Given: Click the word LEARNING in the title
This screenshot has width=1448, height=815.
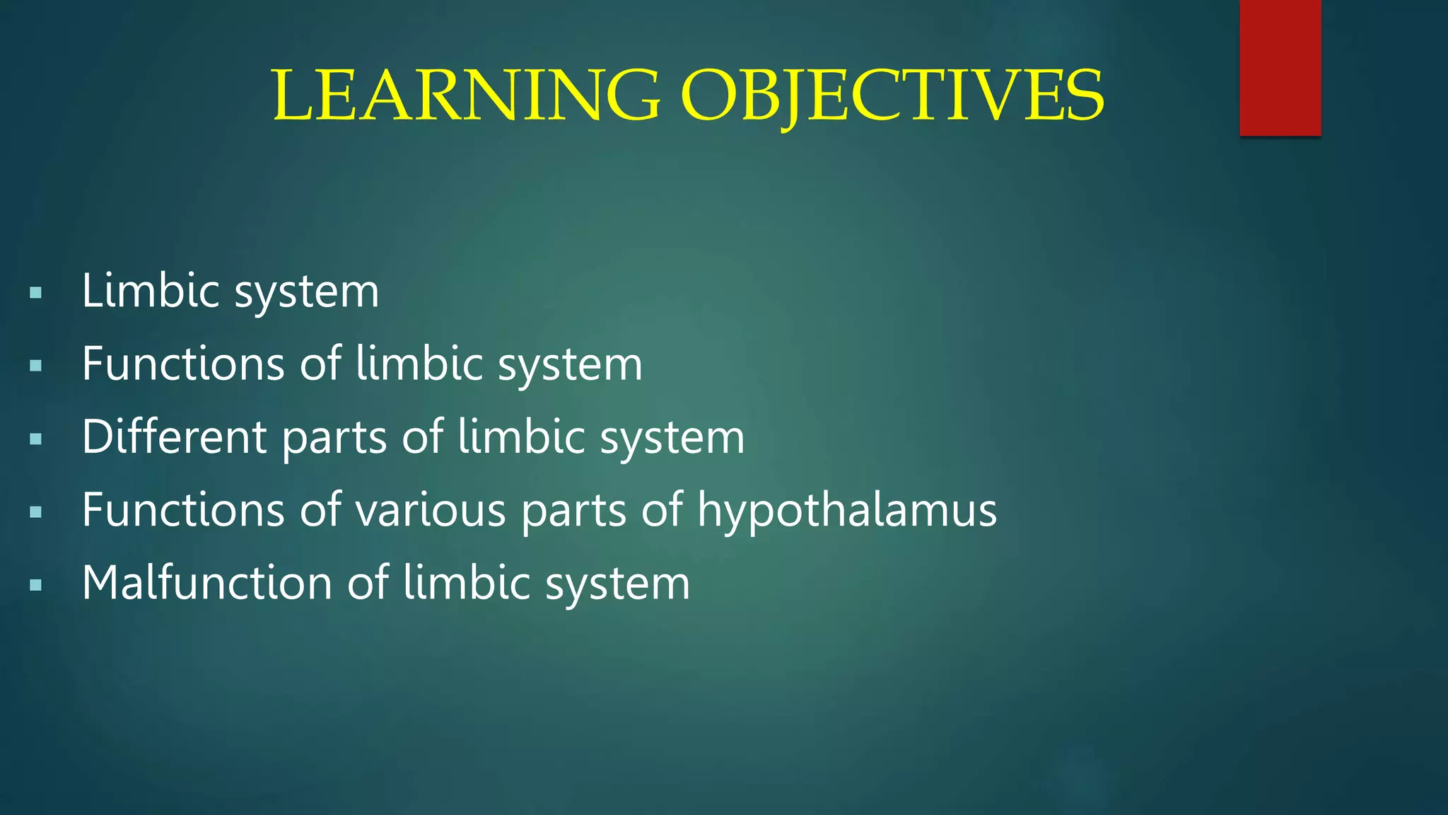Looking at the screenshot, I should [x=467, y=96].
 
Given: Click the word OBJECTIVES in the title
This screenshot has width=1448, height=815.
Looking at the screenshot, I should [x=892, y=96].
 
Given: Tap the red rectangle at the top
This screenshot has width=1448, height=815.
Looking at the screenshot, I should [x=1280, y=67].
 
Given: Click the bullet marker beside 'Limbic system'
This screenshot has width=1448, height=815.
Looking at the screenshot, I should [x=36, y=293].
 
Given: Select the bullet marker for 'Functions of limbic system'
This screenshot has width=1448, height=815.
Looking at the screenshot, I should [x=36, y=366].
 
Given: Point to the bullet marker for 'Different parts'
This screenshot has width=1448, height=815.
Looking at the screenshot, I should [x=36, y=439].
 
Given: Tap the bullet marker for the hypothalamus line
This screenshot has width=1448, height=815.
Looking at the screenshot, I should [x=36, y=512].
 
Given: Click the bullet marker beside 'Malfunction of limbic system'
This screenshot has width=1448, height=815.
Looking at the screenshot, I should [x=36, y=585].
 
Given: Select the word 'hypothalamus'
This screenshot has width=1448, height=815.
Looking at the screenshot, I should [x=847, y=511].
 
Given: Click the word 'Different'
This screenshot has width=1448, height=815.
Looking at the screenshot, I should [x=174, y=437].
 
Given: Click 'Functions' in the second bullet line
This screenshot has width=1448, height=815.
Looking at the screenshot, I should [x=182, y=364].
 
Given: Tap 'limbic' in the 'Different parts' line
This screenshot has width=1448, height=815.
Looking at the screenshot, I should [x=520, y=437].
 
